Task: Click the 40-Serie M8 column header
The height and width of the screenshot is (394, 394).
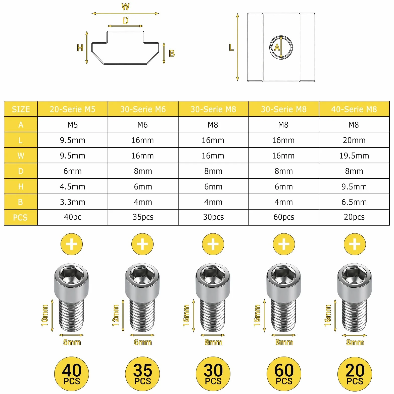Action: click(x=354, y=109)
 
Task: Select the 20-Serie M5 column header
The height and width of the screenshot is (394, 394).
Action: click(x=73, y=109)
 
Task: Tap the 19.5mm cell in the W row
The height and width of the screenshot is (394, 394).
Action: click(x=354, y=156)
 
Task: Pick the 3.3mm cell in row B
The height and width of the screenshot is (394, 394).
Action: click(x=73, y=202)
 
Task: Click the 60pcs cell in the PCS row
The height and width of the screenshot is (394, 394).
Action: click(x=284, y=217)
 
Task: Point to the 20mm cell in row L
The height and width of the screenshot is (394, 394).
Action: click(x=354, y=140)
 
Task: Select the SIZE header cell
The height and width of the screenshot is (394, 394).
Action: click(x=21, y=109)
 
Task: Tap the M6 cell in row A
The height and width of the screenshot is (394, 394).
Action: click(x=143, y=125)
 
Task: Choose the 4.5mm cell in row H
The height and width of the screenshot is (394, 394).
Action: click(x=73, y=186)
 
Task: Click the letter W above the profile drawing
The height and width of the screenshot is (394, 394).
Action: click(x=125, y=7)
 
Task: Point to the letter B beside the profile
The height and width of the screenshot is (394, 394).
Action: click(x=172, y=53)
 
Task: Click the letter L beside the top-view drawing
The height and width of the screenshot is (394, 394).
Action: click(x=231, y=47)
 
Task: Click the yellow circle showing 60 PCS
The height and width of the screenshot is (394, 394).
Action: click(x=284, y=374)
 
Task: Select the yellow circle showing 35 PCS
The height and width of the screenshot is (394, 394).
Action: click(x=142, y=374)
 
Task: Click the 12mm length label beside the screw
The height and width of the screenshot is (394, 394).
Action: click(x=115, y=315)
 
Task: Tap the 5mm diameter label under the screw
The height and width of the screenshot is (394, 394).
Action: click(x=72, y=342)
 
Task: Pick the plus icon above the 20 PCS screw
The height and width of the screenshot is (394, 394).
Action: click(x=355, y=244)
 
